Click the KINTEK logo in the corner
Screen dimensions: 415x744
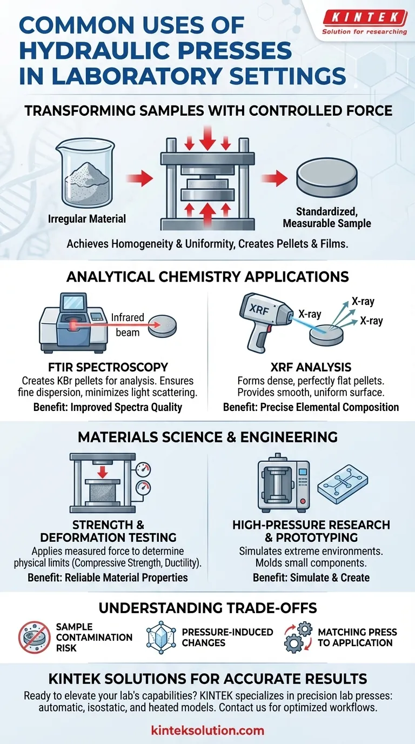pos(365,22)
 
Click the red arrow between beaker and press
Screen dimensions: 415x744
pos(139,178)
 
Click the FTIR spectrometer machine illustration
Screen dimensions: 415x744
pos(74,323)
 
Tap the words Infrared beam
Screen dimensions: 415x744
pos(128,325)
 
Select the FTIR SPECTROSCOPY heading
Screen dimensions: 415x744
pos(108,367)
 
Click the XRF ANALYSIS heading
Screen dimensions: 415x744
pos(311,367)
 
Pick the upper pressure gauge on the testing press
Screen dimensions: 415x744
pos(143,470)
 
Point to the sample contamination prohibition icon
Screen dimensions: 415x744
pos(35,637)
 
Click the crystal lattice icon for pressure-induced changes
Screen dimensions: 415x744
pos(161,637)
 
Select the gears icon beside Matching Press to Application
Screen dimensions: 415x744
pos(298,637)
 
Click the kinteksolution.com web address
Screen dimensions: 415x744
pos(207,730)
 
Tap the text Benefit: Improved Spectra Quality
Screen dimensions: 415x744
pos(108,407)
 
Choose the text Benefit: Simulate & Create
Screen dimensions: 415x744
pos(311,577)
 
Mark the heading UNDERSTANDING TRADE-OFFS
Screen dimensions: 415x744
pos(208,608)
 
